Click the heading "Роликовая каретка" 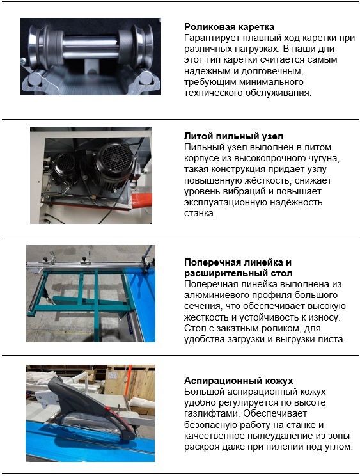[x=229, y=27]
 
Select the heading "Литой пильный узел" [x=233, y=136]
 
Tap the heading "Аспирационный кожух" [x=239, y=381]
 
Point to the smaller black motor [x=65, y=169]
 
